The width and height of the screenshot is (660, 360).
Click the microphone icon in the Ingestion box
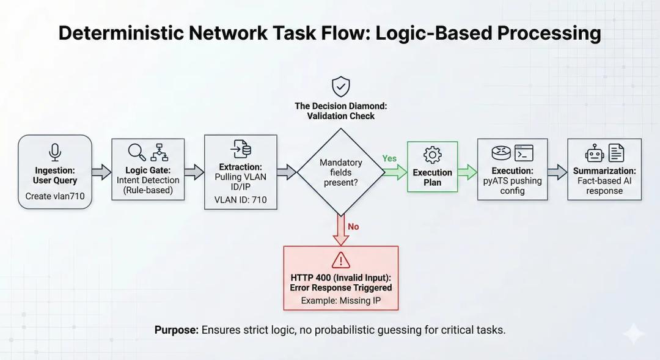(x=55, y=152)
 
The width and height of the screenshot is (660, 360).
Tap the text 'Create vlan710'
(x=55, y=196)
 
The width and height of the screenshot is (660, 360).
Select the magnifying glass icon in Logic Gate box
(x=136, y=152)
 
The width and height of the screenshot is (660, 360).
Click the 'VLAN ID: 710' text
(x=240, y=199)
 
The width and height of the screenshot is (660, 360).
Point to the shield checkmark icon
(x=340, y=86)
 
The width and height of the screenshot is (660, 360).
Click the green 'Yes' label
(x=389, y=158)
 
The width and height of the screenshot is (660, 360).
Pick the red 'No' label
(x=353, y=227)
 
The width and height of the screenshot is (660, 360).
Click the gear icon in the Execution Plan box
(x=432, y=154)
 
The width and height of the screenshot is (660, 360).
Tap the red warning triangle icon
(x=340, y=260)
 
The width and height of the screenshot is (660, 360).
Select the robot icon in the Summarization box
(x=594, y=153)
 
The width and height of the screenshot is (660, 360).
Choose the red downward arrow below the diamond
(x=340, y=230)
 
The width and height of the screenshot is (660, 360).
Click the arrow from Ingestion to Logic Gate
(x=101, y=172)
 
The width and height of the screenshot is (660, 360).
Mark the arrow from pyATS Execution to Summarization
(x=557, y=172)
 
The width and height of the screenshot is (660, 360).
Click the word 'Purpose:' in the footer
(x=177, y=330)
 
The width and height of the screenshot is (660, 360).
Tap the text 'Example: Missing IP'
(x=340, y=301)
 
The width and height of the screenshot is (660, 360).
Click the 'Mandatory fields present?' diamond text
(x=340, y=172)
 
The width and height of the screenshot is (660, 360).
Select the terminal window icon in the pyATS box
(x=524, y=152)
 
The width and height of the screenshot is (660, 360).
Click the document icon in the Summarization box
(x=616, y=153)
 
